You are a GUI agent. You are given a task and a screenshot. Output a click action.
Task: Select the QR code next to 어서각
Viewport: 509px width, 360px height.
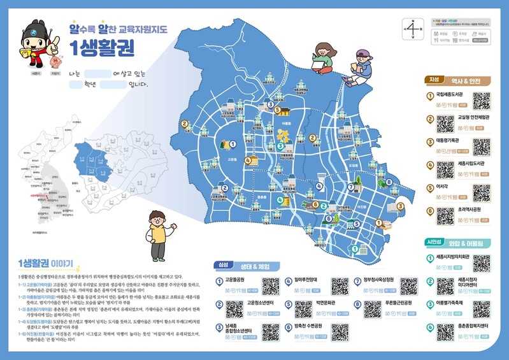coord(482,192)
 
